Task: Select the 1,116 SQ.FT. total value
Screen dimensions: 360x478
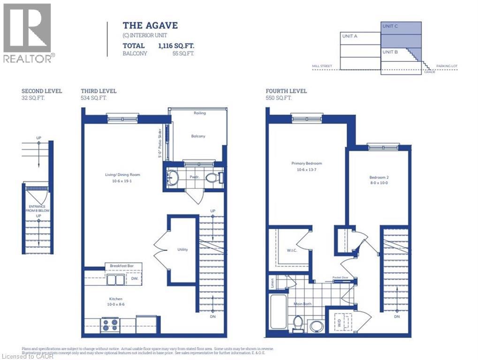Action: [176, 46]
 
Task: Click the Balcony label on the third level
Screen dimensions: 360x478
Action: [198, 136]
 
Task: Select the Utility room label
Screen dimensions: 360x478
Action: [182, 249]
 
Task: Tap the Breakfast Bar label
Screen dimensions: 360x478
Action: [122, 266]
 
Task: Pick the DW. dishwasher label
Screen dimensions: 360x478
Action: [134, 279]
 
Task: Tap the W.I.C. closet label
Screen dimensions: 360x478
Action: [291, 250]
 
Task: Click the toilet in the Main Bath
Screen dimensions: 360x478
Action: [297, 323]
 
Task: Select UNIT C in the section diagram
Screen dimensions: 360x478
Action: [390, 26]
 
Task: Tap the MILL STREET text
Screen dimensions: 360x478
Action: [322, 66]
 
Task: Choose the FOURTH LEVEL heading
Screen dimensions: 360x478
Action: [286, 91]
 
